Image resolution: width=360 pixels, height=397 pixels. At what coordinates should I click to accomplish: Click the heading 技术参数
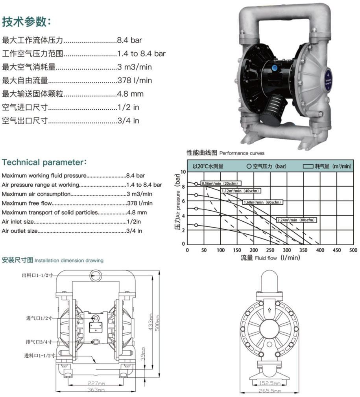(27, 22)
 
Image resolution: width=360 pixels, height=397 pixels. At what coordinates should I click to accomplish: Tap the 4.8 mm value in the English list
(137, 213)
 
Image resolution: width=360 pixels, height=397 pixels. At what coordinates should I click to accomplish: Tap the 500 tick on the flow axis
(353, 250)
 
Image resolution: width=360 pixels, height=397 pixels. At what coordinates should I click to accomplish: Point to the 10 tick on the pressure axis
(183, 172)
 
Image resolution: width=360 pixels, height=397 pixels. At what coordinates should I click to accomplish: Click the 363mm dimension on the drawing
(96, 390)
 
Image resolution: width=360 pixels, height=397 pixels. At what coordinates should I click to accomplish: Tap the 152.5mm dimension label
(270, 383)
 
